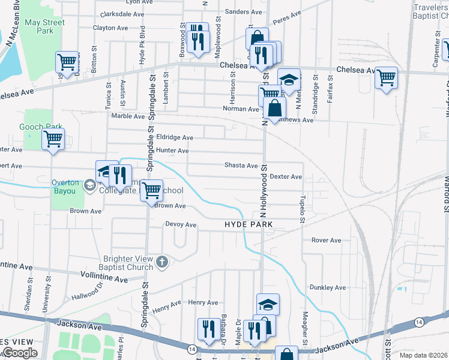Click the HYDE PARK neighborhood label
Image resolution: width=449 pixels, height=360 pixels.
[249, 224]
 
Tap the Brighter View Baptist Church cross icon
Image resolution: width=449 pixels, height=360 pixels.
[162, 262]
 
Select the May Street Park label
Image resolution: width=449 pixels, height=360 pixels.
[45, 27]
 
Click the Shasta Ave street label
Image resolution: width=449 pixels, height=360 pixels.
[241, 165]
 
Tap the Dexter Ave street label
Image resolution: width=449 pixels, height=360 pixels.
[286, 176]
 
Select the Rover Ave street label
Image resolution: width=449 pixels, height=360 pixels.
[326, 240]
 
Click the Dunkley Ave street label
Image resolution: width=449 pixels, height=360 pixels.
[328, 287]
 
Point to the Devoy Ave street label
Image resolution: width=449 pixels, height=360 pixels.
[181, 224]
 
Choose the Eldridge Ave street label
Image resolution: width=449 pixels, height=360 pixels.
[174, 137]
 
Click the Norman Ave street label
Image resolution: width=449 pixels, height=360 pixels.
[241, 109]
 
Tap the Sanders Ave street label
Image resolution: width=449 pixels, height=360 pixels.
[243, 11]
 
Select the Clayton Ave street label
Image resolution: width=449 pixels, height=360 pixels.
[111, 28]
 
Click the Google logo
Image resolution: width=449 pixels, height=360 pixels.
[20, 353]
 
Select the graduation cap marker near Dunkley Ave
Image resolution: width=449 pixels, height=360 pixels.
[268, 304]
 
